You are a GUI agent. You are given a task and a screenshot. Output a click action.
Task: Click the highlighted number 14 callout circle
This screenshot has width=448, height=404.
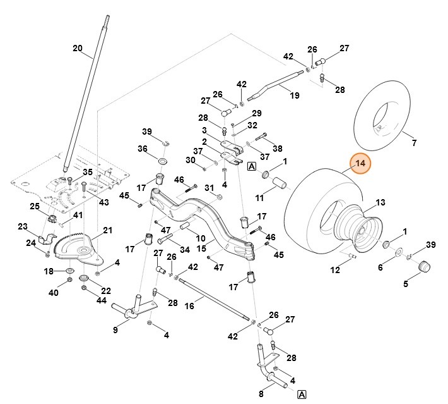tap(360, 164)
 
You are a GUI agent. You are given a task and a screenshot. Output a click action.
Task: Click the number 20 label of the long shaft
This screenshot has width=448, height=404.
tap(78, 48)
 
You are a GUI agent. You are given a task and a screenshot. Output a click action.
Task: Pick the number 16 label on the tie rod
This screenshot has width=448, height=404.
tap(189, 305)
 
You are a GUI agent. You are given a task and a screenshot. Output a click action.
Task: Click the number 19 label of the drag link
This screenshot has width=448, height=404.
tap(294, 95)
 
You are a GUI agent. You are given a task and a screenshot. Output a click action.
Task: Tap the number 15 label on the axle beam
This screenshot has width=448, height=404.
tap(201, 248)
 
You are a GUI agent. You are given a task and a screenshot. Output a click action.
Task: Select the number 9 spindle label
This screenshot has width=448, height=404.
tap(115, 329)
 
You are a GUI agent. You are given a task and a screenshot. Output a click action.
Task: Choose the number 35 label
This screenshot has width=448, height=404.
tap(88, 172)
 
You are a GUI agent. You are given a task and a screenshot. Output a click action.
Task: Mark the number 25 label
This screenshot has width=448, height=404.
tap(34, 206)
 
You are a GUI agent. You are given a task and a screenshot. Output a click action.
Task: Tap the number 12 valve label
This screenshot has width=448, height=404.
tap(335, 270)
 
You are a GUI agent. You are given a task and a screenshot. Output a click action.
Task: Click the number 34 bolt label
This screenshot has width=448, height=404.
tap(185, 249)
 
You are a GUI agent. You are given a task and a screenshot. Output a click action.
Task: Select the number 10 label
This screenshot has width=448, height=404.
tap(201, 238)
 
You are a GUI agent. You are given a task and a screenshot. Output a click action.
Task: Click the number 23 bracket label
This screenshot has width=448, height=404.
tap(23, 226)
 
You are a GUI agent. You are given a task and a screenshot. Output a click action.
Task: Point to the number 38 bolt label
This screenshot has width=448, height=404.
tap(278, 149)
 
